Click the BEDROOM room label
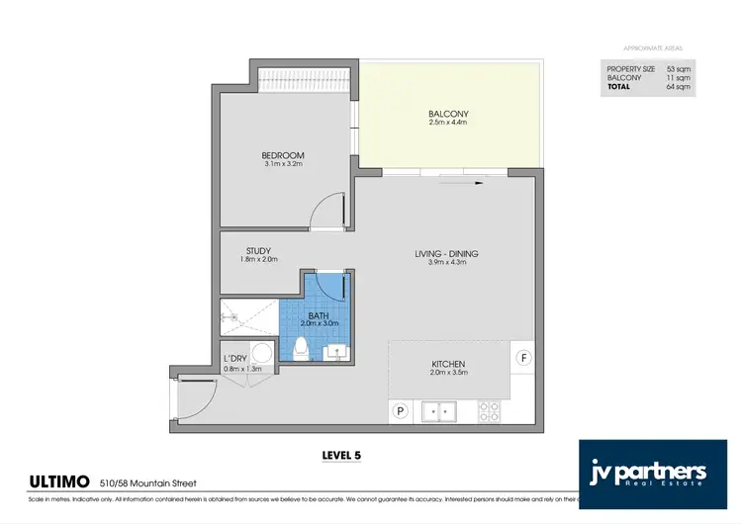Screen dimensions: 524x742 click(x=283, y=155)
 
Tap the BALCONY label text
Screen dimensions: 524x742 click(x=448, y=114)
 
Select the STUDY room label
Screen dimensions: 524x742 click(x=258, y=251)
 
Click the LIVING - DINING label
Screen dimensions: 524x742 click(x=446, y=254)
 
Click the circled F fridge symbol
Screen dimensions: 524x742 click(x=524, y=356)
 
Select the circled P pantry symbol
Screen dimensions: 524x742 click(x=401, y=411)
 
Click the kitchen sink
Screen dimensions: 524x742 click(x=437, y=409)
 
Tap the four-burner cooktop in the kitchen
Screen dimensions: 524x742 click(x=489, y=409)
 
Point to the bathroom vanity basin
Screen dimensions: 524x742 click(x=335, y=349)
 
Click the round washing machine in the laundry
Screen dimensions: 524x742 click(x=263, y=353)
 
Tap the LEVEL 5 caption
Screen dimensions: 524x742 click(x=342, y=456)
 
